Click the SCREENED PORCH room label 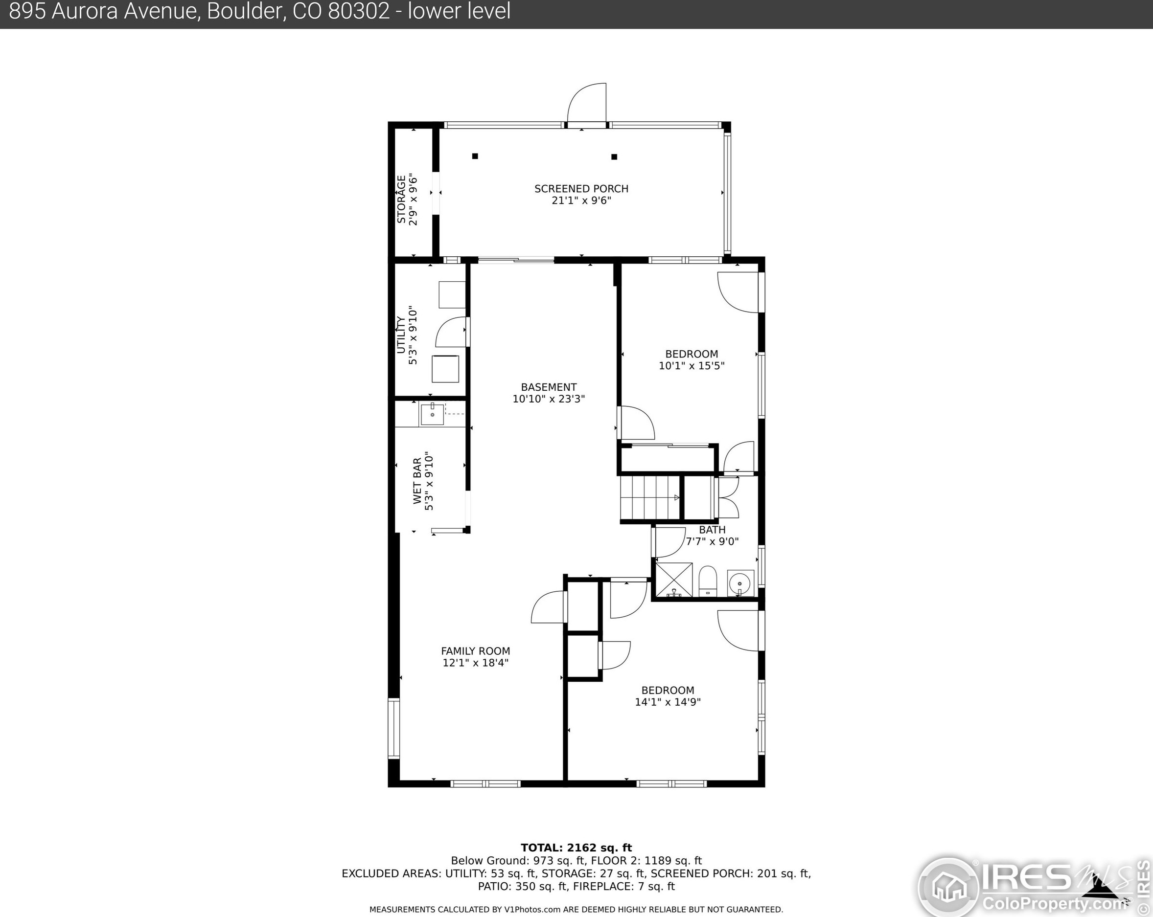click(x=581, y=189)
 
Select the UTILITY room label click(x=400, y=335)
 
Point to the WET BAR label click(x=417, y=481)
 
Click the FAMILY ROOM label click(x=475, y=651)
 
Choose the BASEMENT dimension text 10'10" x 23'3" click(x=549, y=399)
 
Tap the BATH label click(x=713, y=530)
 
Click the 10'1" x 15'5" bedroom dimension click(x=692, y=365)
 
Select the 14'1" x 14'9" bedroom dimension click(x=668, y=702)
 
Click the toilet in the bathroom click(x=708, y=582)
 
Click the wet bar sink click(x=432, y=414)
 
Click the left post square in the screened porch click(x=475, y=156)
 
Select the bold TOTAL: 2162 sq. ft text click(x=576, y=848)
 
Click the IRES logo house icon click(x=949, y=887)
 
